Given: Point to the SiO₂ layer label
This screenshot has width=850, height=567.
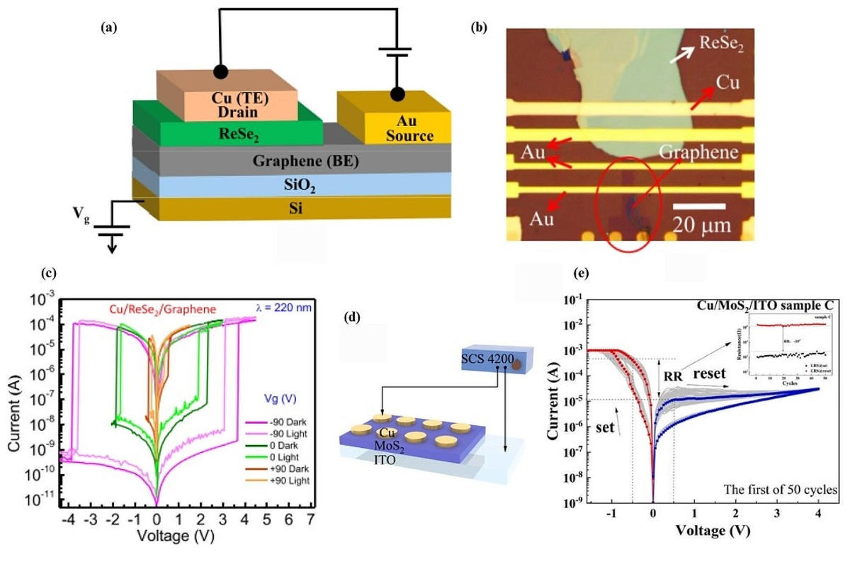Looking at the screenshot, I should coord(293,185).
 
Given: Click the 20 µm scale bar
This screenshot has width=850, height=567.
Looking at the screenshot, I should coord(698,206).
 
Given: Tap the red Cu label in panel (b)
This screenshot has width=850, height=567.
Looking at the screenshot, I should coord(727,83).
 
